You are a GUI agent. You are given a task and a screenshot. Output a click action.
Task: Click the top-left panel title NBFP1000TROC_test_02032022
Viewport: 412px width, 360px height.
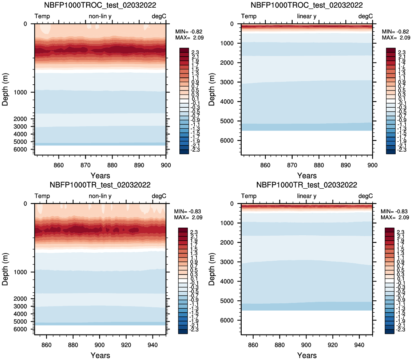point(100,5)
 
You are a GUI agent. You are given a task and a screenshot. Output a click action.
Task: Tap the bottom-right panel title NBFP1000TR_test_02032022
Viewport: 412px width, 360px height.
point(307,185)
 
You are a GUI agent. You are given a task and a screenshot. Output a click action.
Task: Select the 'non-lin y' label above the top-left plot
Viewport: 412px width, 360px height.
point(100,16)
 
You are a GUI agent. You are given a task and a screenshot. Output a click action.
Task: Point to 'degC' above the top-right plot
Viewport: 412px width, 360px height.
point(365,16)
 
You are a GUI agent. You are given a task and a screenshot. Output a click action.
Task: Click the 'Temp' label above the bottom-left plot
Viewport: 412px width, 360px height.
point(42,196)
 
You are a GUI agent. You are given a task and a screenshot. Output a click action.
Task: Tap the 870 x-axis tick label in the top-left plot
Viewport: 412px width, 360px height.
point(86,165)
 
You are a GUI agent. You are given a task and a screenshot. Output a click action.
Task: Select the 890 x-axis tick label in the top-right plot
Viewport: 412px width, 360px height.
point(346,165)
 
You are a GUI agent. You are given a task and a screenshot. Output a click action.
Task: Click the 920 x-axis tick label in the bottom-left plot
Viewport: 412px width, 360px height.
point(126,345)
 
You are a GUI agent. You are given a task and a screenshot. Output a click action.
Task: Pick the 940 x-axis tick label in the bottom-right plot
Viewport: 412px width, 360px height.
point(359,345)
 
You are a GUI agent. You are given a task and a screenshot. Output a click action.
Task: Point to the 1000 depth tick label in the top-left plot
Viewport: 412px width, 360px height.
point(20,92)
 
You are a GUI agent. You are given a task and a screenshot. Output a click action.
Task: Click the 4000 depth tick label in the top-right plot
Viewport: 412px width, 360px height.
point(227,101)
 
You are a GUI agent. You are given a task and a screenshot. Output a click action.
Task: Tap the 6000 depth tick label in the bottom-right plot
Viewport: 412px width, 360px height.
point(227,320)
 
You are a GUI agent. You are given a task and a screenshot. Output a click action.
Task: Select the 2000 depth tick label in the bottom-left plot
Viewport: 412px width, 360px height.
point(20,299)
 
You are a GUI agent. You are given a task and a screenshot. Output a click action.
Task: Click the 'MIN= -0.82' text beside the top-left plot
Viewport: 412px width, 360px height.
point(189,32)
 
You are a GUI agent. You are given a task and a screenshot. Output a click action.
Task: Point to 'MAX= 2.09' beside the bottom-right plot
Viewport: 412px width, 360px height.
point(395,217)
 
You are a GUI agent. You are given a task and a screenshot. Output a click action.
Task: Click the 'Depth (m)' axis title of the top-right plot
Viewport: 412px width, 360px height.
point(212,89)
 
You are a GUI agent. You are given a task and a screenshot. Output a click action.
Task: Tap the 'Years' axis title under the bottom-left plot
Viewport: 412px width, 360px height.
point(100,355)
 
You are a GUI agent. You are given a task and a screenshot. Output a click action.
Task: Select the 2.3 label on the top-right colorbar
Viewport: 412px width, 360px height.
point(402,52)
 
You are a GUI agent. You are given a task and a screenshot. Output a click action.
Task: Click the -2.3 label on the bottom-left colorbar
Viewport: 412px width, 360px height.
point(194,329)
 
